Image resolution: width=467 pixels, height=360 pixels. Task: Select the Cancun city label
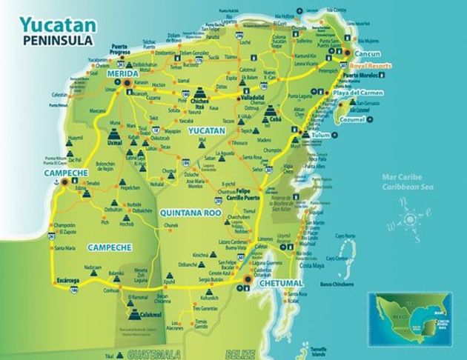click(x=367, y=55)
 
